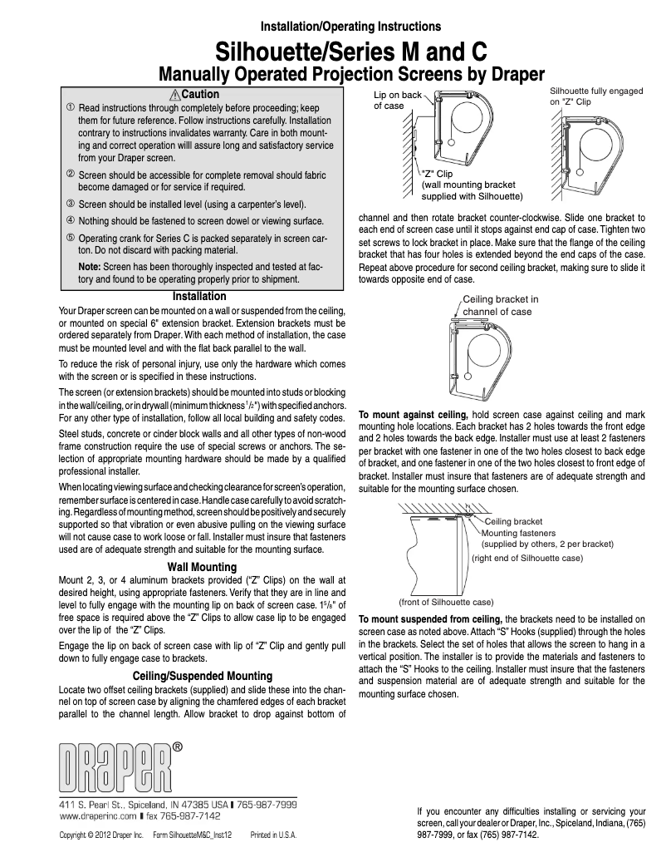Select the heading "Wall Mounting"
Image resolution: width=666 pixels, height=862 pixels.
tap(202, 567)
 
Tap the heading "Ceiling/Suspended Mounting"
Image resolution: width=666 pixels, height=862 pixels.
tap(202, 675)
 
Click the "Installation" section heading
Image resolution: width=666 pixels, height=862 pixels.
tap(198, 296)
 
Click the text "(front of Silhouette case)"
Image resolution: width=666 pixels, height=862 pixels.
tap(446, 601)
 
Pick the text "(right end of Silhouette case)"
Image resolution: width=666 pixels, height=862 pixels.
tap(526, 559)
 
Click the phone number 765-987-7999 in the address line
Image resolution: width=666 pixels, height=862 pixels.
tap(266, 805)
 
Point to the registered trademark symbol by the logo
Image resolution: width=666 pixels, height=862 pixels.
tap(178, 747)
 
